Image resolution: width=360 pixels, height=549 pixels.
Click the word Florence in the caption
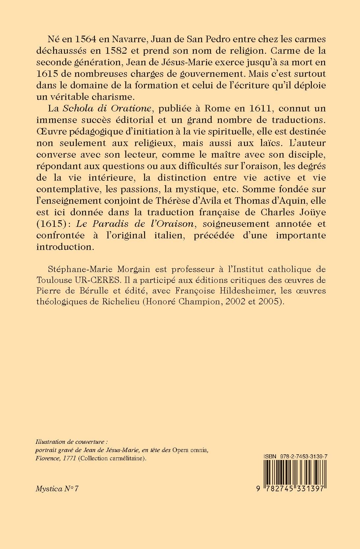46,458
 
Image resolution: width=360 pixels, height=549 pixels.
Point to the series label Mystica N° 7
57,489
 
